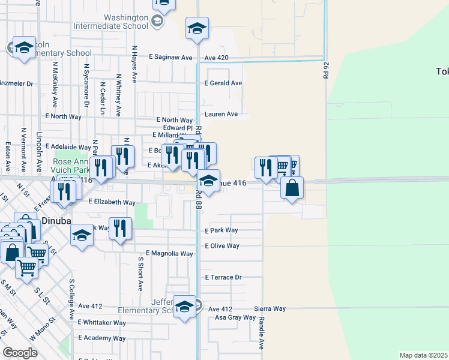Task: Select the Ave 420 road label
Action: [x=216, y=58]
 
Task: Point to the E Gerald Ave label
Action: [x=223, y=83]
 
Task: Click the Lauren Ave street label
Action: [x=221, y=114]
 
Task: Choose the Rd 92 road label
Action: [x=327, y=67]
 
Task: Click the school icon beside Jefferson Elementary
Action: [x=184, y=307]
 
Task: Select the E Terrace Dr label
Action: [x=223, y=278]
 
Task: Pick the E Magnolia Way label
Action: [x=169, y=254]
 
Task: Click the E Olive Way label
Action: [x=222, y=246]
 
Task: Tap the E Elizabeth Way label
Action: [x=112, y=203]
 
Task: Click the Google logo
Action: [x=20, y=353]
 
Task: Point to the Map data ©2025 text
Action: [x=423, y=355]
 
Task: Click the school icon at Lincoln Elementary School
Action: [x=24, y=47]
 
